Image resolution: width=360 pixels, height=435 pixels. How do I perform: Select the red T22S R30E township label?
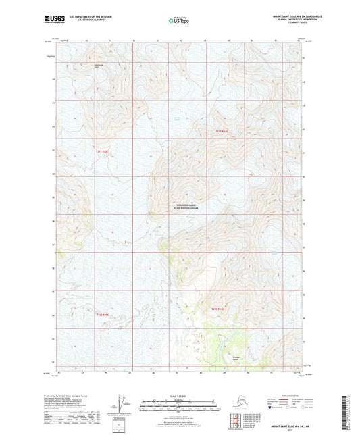click(102, 315)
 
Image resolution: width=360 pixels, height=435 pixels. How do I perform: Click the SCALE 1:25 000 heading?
click(179, 395)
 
